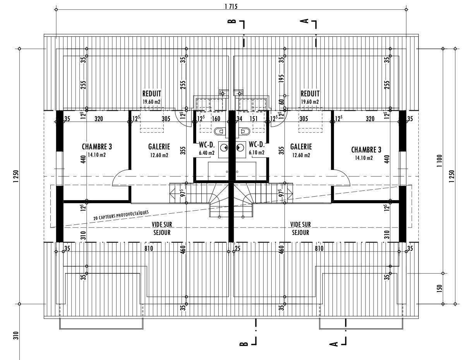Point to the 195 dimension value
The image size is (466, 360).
pos(281,79)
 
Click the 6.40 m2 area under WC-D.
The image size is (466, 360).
pos(207,153)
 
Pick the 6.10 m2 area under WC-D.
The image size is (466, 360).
pos(257,153)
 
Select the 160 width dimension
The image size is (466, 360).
pos(216,119)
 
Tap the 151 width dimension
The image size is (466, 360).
pos(254,119)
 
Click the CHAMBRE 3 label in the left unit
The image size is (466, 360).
pos(97,147)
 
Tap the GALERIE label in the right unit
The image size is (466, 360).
pos(301,147)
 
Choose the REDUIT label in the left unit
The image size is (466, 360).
pos(152,94)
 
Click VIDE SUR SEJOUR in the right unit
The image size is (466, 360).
pos(300,228)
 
